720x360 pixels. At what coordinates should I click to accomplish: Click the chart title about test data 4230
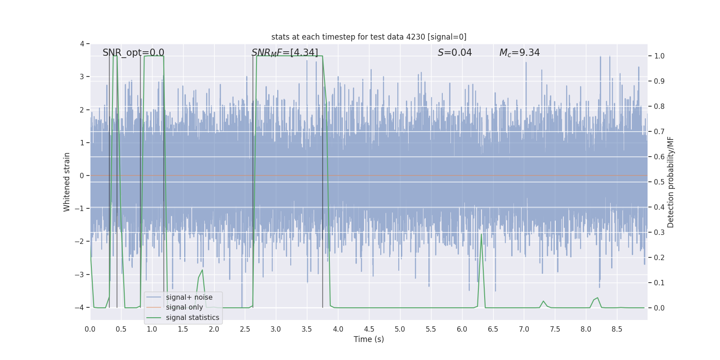(369, 37)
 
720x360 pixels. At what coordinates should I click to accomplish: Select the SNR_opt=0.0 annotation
(133, 53)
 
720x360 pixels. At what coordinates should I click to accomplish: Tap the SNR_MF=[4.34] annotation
(284, 53)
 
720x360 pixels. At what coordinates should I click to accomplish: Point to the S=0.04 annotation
(454, 53)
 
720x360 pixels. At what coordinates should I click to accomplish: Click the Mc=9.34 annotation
(519, 53)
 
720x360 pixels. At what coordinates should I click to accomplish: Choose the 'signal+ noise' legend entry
(189, 297)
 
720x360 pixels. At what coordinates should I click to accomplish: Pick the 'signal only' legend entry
(184, 307)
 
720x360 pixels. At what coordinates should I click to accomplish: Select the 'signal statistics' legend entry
(192, 318)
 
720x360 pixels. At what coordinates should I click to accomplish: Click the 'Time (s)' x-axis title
(369, 339)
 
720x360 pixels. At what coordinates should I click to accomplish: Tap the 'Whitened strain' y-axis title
(67, 182)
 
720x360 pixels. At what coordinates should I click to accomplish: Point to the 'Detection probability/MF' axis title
(670, 182)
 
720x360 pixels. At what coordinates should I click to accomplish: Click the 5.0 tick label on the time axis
(400, 329)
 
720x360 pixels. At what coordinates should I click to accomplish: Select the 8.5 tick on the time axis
(616, 329)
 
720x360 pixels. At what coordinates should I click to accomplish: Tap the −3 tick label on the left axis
(81, 274)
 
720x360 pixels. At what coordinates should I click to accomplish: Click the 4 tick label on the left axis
(82, 44)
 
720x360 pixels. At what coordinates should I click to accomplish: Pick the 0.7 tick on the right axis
(659, 132)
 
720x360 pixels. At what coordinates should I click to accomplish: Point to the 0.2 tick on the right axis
(659, 258)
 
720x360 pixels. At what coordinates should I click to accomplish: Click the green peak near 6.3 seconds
(481, 234)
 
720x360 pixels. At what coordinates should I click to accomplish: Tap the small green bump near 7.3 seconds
(543, 301)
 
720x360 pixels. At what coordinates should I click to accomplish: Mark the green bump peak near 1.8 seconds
(202, 270)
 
